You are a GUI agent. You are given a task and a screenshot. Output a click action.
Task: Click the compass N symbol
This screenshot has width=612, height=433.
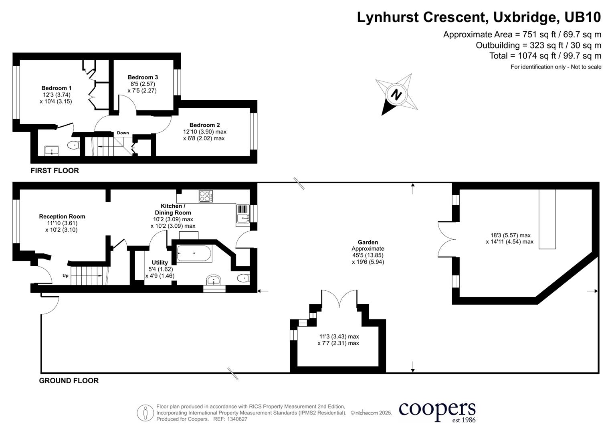click(396, 95)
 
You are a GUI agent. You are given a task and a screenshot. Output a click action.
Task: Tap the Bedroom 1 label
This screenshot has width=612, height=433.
click(56, 88)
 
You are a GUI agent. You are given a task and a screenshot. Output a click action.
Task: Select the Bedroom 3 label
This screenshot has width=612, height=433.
click(143, 77)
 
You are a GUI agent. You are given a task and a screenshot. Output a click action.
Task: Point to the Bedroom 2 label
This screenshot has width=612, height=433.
click(205, 125)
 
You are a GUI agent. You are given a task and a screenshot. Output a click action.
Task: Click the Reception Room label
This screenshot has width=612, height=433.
click(62, 216)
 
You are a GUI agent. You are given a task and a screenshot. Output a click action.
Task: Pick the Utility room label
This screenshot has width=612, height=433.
click(160, 263)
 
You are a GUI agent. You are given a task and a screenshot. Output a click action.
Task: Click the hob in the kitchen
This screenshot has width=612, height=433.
click(206, 196)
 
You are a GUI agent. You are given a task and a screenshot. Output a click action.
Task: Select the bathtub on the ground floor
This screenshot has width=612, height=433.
click(194, 253)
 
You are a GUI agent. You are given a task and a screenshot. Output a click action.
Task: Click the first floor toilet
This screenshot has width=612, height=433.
click(73, 145)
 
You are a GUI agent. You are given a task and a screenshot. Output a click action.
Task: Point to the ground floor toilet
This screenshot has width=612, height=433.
click(243, 278)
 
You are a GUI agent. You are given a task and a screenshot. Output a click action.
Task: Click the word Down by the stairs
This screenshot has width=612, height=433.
click(123, 133)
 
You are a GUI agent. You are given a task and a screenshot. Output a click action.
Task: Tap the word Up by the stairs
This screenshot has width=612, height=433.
click(65, 275)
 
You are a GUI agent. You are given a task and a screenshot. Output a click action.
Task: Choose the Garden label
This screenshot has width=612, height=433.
click(368, 242)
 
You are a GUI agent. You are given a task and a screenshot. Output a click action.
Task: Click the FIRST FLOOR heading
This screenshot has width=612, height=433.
click(55, 170)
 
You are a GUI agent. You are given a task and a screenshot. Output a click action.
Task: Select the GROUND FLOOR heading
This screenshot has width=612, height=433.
click(69, 380)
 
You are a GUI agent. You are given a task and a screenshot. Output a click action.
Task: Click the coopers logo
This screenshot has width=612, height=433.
click(437, 411)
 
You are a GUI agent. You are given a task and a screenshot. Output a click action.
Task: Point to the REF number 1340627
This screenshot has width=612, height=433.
click(237, 419)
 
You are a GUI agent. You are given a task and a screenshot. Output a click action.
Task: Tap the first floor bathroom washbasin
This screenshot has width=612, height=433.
click(51, 151)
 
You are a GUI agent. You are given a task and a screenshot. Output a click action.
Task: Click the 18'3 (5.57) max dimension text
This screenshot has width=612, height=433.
click(511, 235)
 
